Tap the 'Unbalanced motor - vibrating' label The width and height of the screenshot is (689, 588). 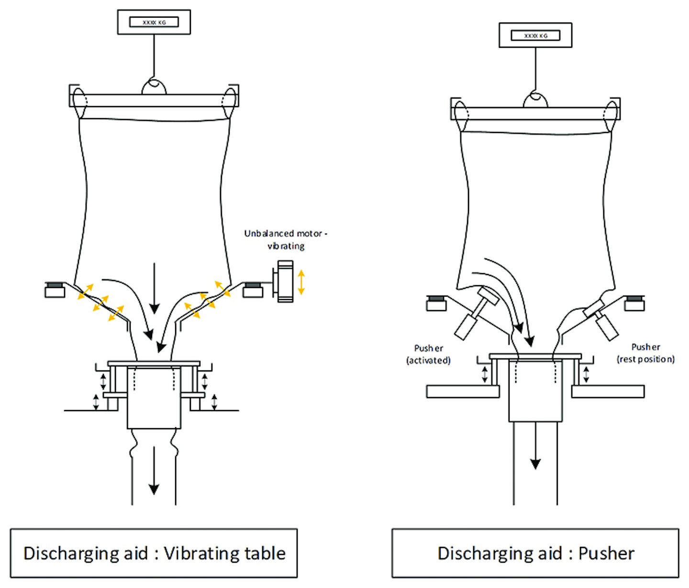pos(286,240)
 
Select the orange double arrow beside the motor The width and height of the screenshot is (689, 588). pos(301,282)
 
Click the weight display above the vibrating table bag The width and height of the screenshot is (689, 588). pos(154,22)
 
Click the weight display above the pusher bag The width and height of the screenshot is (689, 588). pos(535,35)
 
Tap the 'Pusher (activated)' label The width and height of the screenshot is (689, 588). pos(428,354)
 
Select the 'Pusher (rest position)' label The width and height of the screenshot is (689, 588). pos(645,353)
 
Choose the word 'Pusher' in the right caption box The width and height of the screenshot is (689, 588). pos(606,554)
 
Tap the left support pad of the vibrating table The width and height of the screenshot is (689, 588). pos(55,290)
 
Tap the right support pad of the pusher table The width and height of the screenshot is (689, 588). pos(634,303)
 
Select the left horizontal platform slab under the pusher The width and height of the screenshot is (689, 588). pos(463,391)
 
